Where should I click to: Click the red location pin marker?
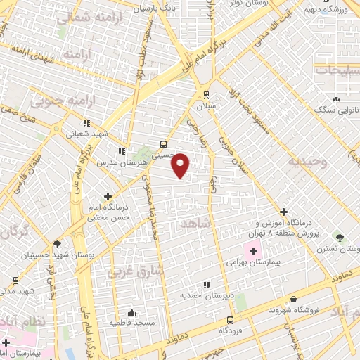pos(181,165)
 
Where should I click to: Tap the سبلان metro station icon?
pos(205,94)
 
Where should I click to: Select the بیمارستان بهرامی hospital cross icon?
pos(252,250)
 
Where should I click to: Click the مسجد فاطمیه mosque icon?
pos(131,313)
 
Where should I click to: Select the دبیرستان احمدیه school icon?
pos(206,285)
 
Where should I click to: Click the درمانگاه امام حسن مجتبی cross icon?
pos(107,197)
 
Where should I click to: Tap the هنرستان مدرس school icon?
pos(122,150)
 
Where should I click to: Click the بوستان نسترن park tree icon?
pos(340,238)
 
